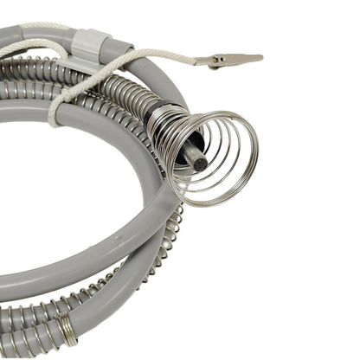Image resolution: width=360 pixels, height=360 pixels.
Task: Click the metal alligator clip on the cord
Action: (x=227, y=60)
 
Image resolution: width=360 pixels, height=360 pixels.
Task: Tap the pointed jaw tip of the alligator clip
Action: (x=260, y=58)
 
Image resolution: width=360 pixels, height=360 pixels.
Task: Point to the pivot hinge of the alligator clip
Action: (x=222, y=60)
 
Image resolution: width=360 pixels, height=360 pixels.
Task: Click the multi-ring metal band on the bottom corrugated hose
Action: (x=66, y=328)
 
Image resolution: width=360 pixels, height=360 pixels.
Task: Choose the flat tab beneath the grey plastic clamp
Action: (x=82, y=61)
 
